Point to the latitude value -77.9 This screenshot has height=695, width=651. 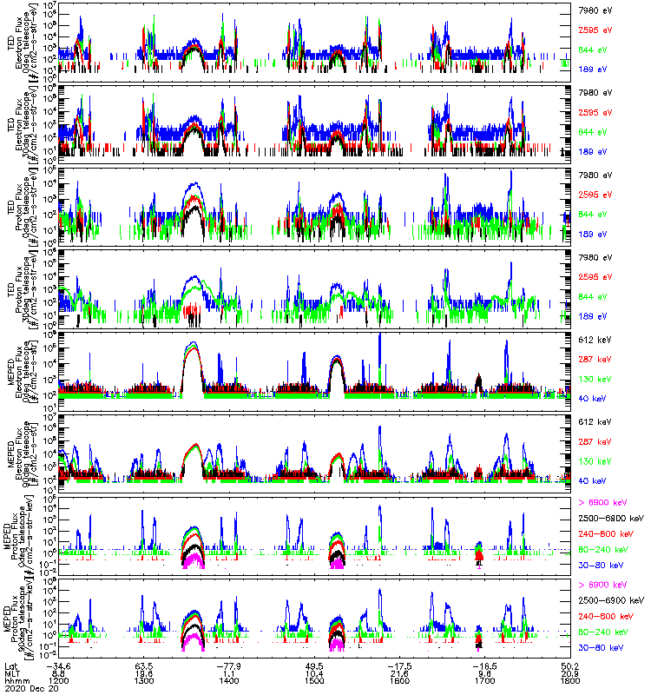[x=229, y=663]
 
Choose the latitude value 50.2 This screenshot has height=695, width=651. [x=571, y=663]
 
